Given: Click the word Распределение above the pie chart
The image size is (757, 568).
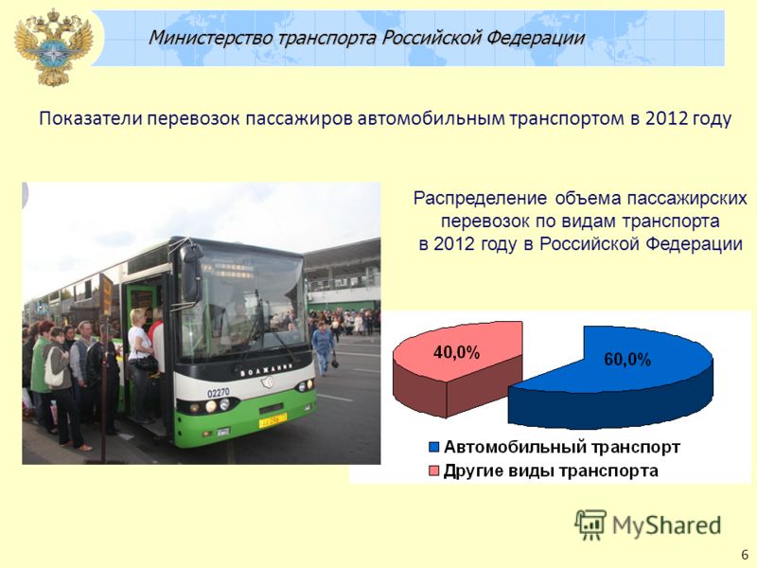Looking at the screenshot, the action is (481, 199).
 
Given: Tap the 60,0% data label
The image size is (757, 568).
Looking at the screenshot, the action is (627, 360).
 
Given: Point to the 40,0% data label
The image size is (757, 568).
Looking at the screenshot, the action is (456, 352).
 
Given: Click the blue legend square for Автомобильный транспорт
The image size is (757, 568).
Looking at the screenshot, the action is (433, 447).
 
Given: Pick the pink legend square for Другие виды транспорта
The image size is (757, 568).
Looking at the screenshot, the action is (433, 470).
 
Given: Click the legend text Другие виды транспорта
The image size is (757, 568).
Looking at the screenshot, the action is (551, 470).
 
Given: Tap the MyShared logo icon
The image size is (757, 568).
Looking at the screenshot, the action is (590, 524).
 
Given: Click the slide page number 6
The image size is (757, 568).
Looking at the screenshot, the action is (745, 555).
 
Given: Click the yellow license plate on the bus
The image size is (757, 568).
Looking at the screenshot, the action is (273, 420).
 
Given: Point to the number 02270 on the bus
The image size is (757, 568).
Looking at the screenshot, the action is (219, 393).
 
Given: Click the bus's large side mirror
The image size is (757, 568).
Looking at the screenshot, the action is (191, 273).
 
